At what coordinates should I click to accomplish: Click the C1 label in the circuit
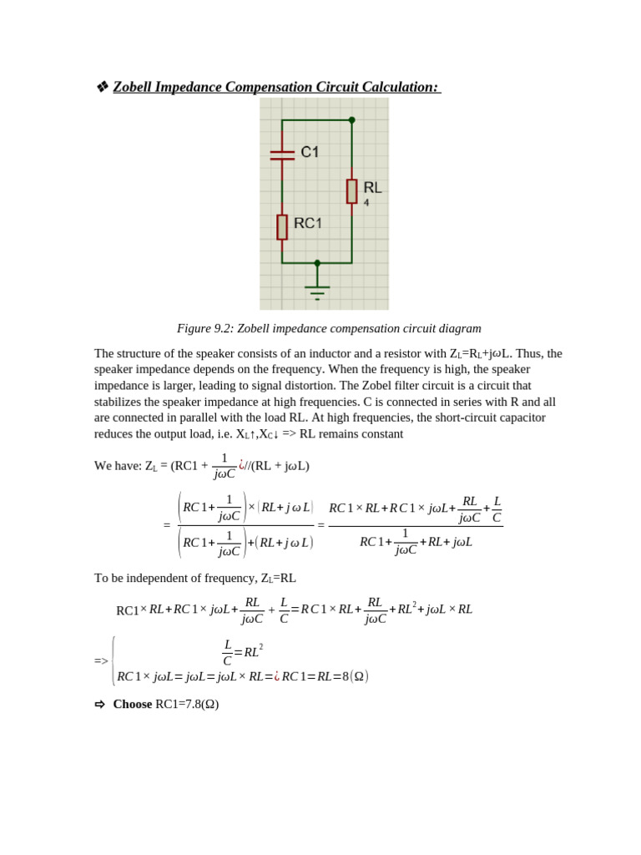[x=310, y=152]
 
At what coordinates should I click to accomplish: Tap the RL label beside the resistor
[x=372, y=188]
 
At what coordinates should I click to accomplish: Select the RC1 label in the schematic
[x=307, y=223]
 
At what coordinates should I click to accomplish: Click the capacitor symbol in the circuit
[x=282, y=154]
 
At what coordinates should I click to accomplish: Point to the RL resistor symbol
[x=351, y=191]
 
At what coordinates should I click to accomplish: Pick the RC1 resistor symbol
[x=282, y=226]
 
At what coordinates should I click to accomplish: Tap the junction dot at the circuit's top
[x=351, y=120]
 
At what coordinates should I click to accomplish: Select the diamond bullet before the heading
[x=102, y=87]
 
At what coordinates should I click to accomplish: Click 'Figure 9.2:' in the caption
[x=205, y=328]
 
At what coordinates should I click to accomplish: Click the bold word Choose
[x=133, y=704]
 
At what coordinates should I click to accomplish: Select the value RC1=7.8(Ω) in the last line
[x=187, y=704]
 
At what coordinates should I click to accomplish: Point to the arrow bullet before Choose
[x=100, y=704]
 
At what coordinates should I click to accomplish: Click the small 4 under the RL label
[x=366, y=203]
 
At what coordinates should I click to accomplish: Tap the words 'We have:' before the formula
[x=118, y=466]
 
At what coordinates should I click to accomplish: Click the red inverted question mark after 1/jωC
[x=241, y=465]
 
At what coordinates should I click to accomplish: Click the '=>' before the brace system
[x=101, y=661]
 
